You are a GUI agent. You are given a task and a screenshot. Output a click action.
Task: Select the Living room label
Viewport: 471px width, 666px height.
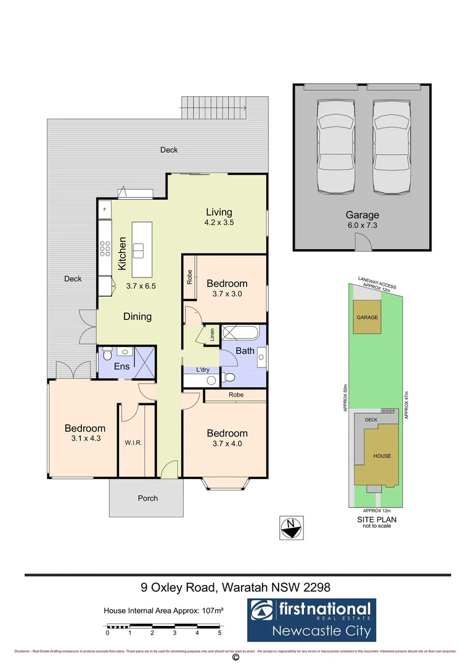pyautogui.click(x=219, y=212)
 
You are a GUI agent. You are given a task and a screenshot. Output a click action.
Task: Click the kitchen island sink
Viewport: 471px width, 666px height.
pyautogui.click(x=139, y=250)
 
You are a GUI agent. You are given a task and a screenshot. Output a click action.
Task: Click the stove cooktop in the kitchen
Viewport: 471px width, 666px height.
pyautogui.click(x=105, y=249)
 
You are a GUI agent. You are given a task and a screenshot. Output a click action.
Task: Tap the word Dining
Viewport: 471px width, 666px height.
pyautogui.click(x=137, y=316)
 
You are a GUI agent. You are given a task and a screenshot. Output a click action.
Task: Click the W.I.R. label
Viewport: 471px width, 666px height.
pyautogui.click(x=134, y=443)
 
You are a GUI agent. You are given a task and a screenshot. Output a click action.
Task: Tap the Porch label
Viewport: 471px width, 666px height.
pyautogui.click(x=147, y=498)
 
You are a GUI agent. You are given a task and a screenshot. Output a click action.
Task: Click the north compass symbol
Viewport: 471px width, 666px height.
pyautogui.click(x=290, y=526)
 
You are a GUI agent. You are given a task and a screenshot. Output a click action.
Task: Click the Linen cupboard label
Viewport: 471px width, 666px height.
pyautogui.click(x=211, y=335)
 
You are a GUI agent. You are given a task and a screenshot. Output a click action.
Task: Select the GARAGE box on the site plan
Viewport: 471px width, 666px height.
pyautogui.click(x=367, y=317)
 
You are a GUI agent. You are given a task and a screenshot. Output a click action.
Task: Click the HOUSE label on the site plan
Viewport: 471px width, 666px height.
pyautogui.click(x=382, y=456)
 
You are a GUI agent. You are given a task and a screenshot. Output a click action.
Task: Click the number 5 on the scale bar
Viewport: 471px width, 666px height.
pyautogui.click(x=219, y=633)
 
